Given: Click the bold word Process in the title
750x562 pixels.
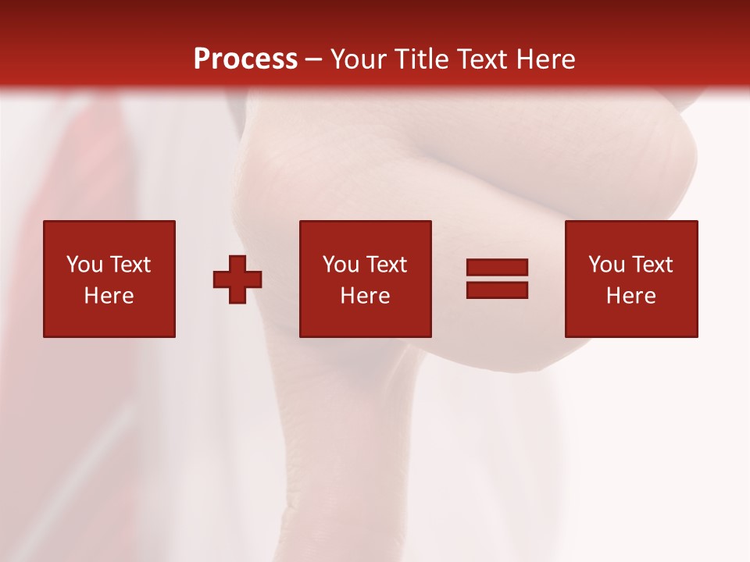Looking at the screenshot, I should (245, 59).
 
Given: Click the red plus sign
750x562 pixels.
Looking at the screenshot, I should (237, 279).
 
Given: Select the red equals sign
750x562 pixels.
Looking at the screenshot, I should (497, 279).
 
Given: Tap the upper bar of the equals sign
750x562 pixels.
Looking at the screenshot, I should (497, 268).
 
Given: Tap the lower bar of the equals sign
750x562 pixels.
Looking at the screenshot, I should (497, 290).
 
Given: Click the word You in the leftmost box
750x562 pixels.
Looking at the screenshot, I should (85, 265).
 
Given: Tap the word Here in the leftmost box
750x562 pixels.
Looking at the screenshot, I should (109, 296).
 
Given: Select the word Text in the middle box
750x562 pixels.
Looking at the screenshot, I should (386, 265).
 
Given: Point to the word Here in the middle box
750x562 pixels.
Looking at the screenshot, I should (366, 296).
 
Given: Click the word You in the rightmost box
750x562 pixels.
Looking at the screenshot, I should (607, 265).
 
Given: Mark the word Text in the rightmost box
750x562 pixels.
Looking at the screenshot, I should (652, 265).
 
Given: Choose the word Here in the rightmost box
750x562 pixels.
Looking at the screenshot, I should (631, 296).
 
